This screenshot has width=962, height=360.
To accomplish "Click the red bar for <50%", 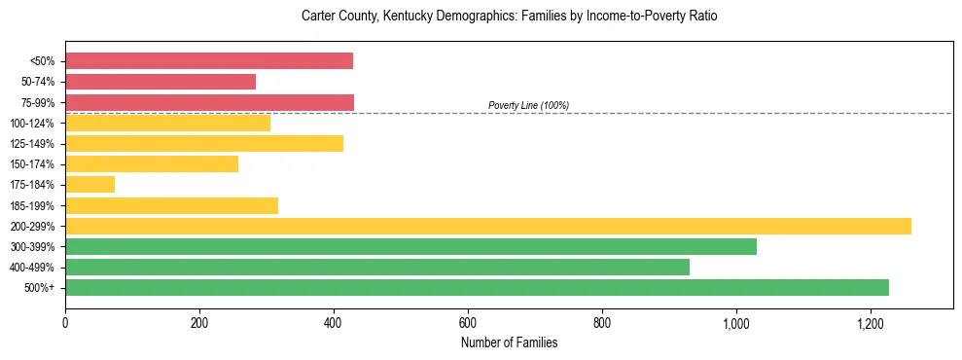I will click(x=209, y=61).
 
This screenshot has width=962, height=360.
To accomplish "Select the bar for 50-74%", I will click(x=160, y=82).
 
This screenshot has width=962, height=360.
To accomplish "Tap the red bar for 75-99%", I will click(x=209, y=102).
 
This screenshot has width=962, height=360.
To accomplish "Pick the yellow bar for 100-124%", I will click(x=167, y=123).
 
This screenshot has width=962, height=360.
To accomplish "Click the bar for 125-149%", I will click(x=204, y=144).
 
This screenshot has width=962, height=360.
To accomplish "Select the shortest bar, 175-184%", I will click(x=89, y=185).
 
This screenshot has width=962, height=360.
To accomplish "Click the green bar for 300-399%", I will click(x=410, y=246).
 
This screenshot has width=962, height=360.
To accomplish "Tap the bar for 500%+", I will click(x=477, y=287).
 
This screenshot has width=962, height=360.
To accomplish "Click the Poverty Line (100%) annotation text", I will click(x=528, y=105).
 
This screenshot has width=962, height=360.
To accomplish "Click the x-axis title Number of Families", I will click(x=509, y=342).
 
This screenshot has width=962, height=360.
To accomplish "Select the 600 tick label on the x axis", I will click(x=468, y=323).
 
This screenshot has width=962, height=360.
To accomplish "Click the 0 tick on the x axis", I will click(x=65, y=323).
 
